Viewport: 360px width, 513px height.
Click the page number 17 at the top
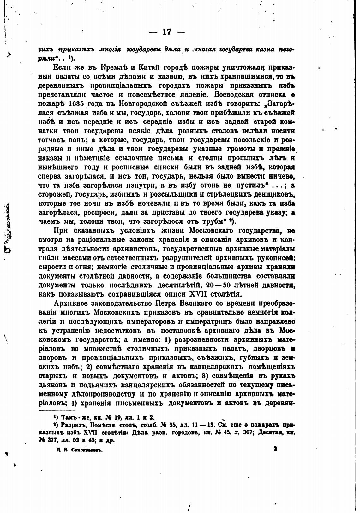click(x=167, y=32)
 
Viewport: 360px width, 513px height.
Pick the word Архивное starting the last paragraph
click(x=71, y=304)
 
